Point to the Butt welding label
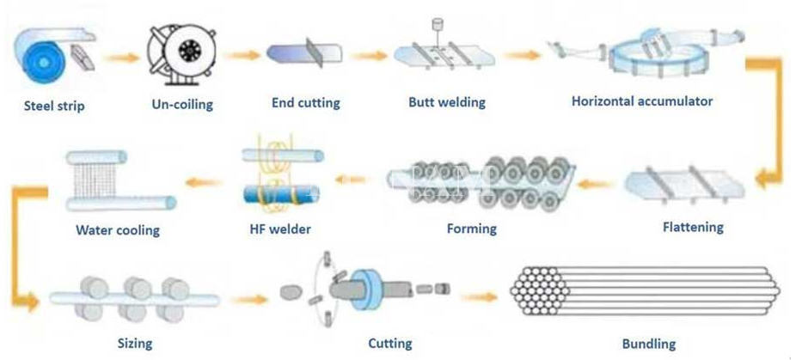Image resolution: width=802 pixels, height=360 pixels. pos(447,102)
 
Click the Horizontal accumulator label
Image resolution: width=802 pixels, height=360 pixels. pos(642,101)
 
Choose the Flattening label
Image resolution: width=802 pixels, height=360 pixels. pos(693,228)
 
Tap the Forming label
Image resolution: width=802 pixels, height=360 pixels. pos(472,229)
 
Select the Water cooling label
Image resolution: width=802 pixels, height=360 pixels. pos(118,230)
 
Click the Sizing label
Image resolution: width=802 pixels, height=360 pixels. pos(135,344)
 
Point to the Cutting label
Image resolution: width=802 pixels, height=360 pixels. pos(389,344)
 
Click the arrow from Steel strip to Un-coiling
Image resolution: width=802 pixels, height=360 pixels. pos(121,59)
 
